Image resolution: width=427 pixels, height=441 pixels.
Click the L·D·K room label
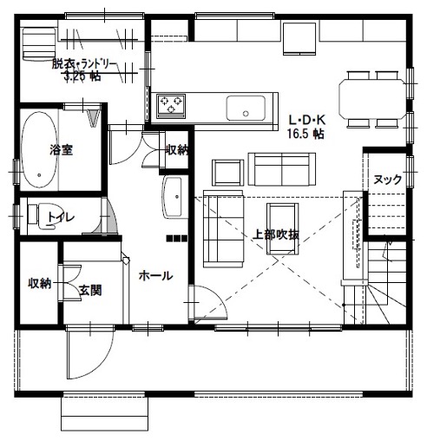(307, 120)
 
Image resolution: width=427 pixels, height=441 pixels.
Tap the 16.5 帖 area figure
(305, 134)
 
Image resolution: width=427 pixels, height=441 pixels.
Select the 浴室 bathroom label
(61, 149)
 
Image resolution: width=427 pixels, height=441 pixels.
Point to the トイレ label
(62, 217)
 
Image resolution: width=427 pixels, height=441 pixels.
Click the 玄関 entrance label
(90, 290)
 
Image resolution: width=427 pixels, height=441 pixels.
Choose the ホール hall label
(156, 276)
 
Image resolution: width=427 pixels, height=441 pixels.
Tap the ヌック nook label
(388, 180)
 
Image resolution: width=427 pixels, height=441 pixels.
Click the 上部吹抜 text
(276, 234)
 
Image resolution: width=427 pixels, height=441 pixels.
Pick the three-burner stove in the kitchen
(171, 106)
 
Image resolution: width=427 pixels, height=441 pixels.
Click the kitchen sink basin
(246, 108)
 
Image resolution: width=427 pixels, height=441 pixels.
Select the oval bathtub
(39, 149)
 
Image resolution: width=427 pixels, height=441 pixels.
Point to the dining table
(372, 98)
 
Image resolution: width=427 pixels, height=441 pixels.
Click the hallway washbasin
(173, 197)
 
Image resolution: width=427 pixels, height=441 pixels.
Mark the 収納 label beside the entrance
(40, 283)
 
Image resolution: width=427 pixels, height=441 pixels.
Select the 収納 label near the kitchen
(177, 149)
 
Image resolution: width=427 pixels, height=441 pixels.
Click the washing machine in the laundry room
(39, 43)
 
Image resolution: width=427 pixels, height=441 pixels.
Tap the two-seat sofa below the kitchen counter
(282, 169)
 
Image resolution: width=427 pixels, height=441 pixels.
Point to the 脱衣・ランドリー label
(84, 64)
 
